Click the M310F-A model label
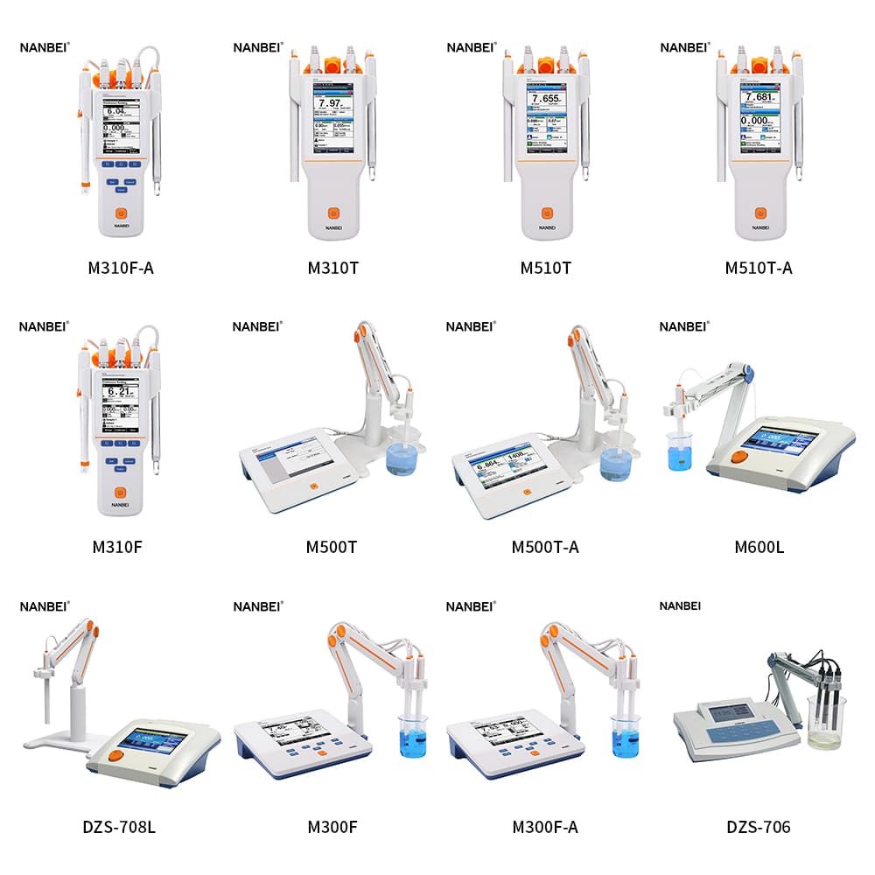pos(121,268)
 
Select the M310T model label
pos(332,268)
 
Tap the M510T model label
pos(545,268)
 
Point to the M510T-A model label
pos(759,268)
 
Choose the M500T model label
pos(332,548)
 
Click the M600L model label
pos(759,548)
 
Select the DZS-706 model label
pos(759,827)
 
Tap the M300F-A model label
pos(545,827)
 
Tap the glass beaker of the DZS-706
pos(824,722)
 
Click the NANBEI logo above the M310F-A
pos(45,47)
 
